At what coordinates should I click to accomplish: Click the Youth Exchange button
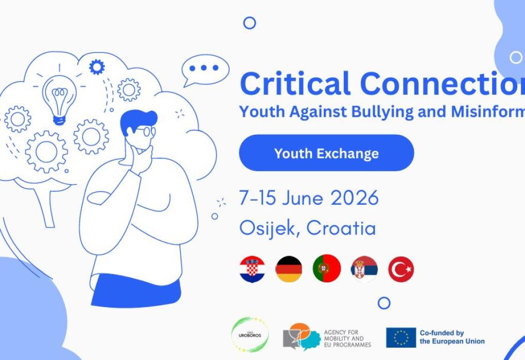tap(326, 153)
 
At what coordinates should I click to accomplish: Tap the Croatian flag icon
tap(252, 269)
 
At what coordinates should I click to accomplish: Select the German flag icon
tap(289, 269)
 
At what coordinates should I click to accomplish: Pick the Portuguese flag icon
tap(327, 269)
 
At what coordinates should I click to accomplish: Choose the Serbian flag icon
tap(364, 269)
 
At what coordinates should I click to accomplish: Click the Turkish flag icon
tap(401, 269)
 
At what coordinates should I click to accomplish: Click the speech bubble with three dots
tap(204, 69)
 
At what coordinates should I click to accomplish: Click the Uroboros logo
tap(250, 335)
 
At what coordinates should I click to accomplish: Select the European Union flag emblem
tap(401, 337)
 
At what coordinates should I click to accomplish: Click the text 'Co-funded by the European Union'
tap(451, 337)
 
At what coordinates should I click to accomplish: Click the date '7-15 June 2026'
tap(309, 198)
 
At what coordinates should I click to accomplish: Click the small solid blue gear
tap(96, 66)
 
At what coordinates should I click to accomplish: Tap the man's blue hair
tap(135, 119)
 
